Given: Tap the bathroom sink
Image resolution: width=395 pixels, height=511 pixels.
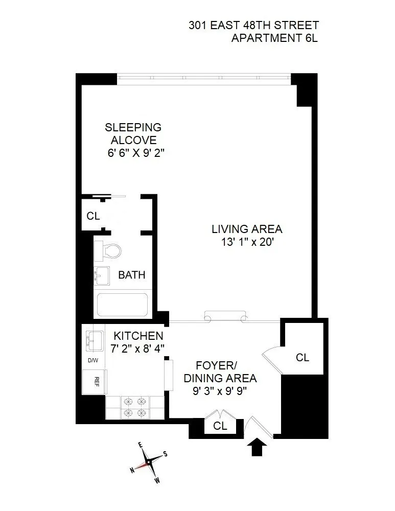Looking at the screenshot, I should click(x=101, y=275).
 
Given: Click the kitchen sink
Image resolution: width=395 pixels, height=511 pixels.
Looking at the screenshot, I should click(x=94, y=340).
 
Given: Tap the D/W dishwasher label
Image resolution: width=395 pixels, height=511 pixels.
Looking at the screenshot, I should click(x=92, y=360).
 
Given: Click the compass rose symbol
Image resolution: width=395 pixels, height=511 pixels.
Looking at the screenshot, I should click(x=149, y=462).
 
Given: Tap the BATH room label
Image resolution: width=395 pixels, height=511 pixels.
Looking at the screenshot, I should click(x=132, y=275).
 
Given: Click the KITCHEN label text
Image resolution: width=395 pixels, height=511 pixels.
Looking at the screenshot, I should click(x=138, y=336).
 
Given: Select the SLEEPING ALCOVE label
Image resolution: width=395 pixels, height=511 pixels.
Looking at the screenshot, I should click(x=133, y=134).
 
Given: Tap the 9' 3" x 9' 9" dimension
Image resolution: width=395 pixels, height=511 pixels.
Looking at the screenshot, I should click(x=220, y=392).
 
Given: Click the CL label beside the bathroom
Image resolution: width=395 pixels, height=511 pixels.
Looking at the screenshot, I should click(x=93, y=216).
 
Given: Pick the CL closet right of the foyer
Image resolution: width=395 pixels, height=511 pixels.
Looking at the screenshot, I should click(x=303, y=358).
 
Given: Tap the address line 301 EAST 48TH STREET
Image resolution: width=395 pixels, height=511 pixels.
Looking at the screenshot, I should click(x=253, y=25).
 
